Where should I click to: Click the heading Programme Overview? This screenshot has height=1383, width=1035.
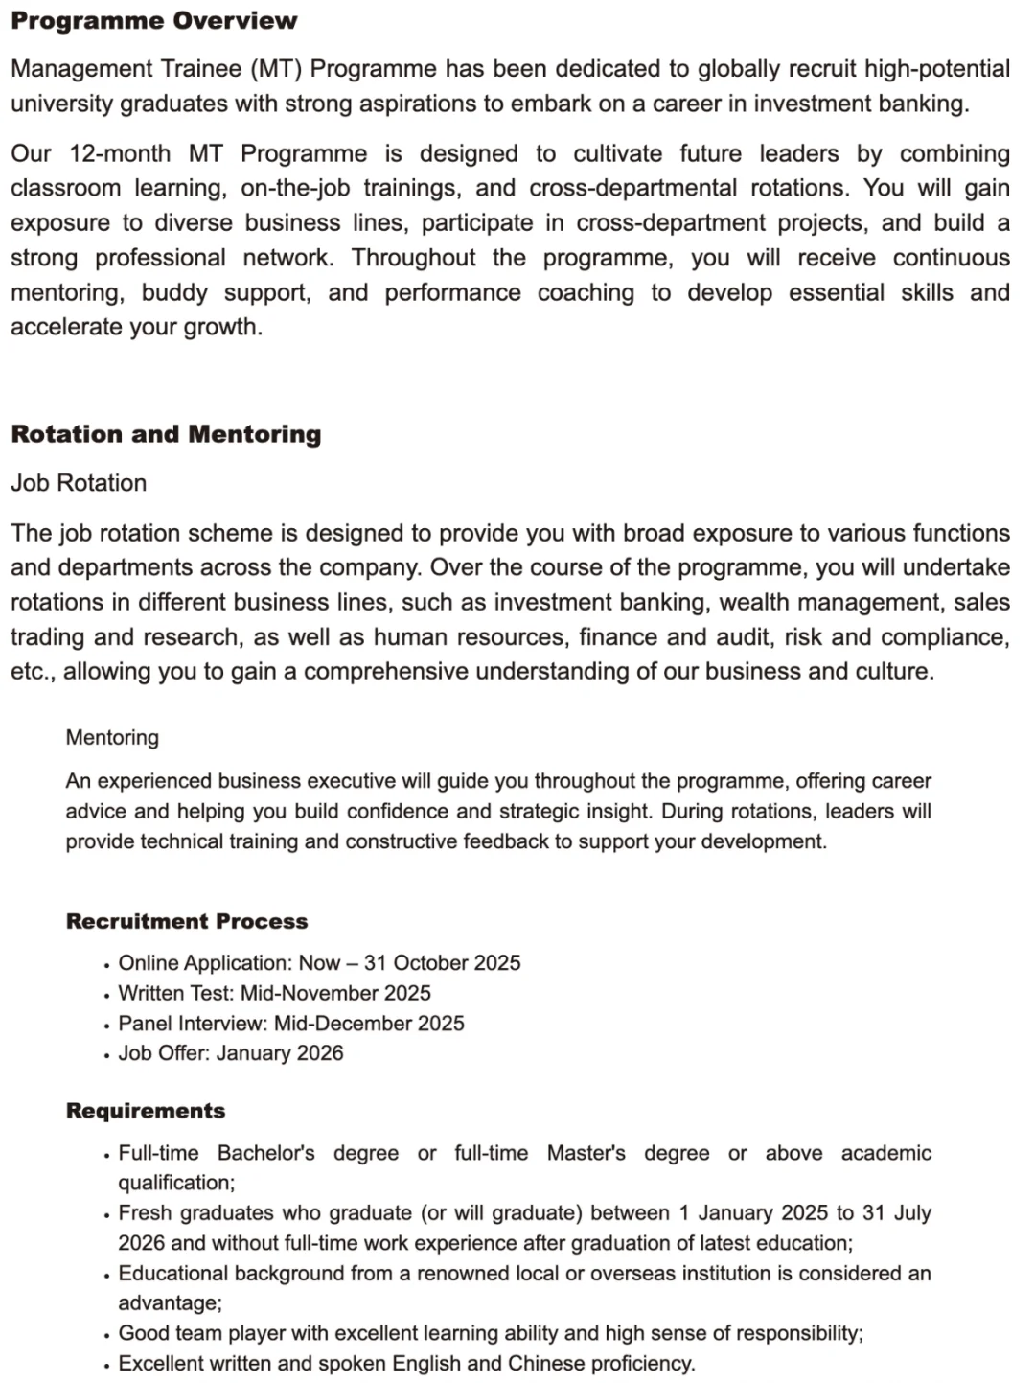pos(153,21)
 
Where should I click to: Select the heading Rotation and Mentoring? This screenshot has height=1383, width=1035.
pos(166,434)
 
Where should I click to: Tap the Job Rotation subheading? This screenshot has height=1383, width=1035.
pos(79,483)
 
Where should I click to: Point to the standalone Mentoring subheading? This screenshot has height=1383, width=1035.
pos(112,737)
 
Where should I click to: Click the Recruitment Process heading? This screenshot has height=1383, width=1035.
pos(187,921)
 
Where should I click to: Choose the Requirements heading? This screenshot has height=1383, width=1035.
pos(146,1111)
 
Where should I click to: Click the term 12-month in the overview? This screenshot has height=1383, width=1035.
pos(120,153)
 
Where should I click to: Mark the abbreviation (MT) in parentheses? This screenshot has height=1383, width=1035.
pos(278,69)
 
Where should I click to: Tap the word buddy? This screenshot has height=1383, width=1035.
pos(174,292)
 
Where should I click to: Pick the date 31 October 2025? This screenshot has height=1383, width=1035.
pos(442,963)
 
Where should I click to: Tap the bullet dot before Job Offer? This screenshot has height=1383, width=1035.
pos(106,1055)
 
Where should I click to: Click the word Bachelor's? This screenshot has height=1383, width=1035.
pos(265,1153)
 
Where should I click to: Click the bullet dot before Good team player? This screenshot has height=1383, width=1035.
pos(106,1335)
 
